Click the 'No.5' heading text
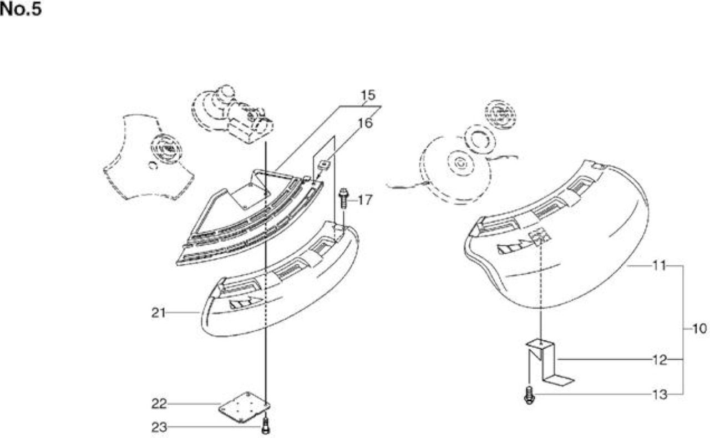(x=21, y=9)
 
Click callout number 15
(x=368, y=95)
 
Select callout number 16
(x=365, y=123)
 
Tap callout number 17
(x=365, y=200)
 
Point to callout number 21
(x=159, y=313)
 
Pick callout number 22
(x=159, y=404)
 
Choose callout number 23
(x=159, y=427)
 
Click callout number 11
(x=660, y=265)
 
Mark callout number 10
(x=699, y=329)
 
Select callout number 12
(x=660, y=360)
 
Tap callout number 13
(x=660, y=395)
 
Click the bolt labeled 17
(x=343, y=199)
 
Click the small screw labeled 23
(x=266, y=426)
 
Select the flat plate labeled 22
(x=244, y=407)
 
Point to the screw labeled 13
(x=529, y=395)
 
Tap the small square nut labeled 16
(x=324, y=165)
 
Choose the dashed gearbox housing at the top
(x=232, y=114)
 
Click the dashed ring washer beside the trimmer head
(x=479, y=139)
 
